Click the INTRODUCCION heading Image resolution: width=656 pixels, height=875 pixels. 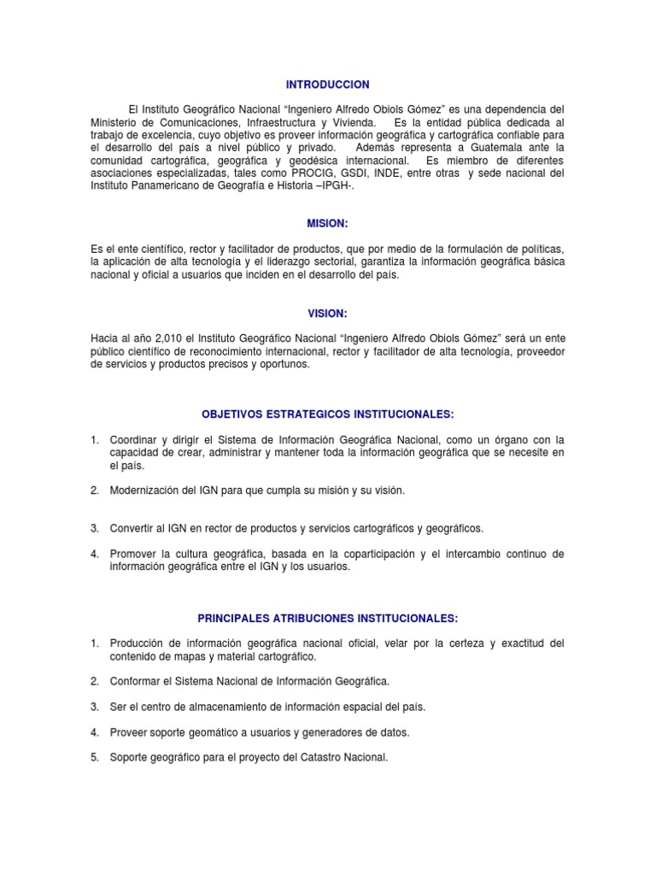327,85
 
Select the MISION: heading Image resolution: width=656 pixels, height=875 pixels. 327,223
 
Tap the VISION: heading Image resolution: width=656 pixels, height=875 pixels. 327,314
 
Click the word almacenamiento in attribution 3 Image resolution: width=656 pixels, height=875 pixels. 210,707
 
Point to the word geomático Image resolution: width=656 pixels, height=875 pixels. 222,732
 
